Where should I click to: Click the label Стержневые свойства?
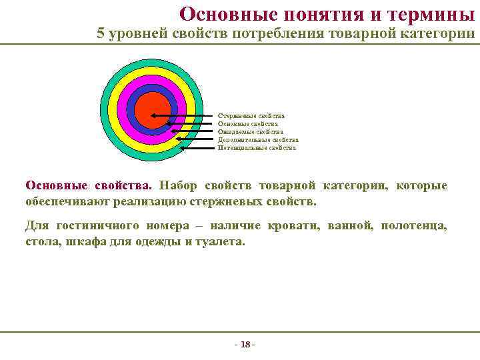point(251,116)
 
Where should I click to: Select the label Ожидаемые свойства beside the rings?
point(250,132)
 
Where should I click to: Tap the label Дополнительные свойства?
point(258,140)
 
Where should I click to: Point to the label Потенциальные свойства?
point(257,148)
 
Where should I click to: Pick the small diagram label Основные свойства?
point(248,124)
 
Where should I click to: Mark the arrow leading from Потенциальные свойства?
point(200,148)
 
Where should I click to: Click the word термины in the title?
point(432,13)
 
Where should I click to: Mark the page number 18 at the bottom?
point(245,345)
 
